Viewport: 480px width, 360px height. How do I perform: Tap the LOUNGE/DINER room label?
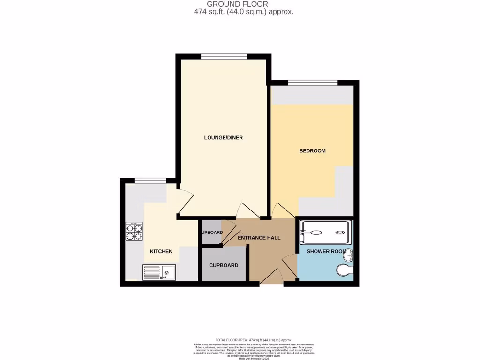click(x=223, y=138)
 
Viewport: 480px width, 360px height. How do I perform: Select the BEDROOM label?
click(x=312, y=151)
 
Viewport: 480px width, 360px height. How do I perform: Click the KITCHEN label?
click(x=161, y=252)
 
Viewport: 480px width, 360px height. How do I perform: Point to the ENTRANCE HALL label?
click(x=259, y=238)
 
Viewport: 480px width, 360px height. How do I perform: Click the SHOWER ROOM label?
click(x=326, y=252)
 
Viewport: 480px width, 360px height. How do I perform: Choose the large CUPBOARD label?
click(x=224, y=265)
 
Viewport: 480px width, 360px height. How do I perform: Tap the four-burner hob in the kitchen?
click(x=134, y=232)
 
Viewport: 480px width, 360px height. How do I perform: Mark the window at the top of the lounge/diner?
click(x=224, y=57)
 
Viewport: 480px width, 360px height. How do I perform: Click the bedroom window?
click(x=313, y=83)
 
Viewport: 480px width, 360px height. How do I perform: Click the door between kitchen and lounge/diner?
click(x=184, y=202)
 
